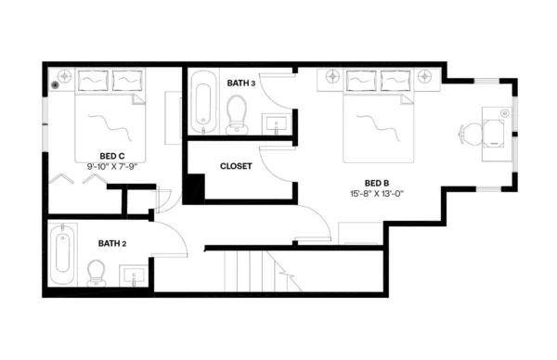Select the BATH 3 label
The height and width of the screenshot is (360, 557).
click(x=240, y=84)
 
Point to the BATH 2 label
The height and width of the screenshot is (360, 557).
click(x=112, y=243)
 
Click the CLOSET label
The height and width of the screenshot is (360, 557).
click(x=236, y=166)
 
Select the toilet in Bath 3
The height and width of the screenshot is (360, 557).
click(x=238, y=115)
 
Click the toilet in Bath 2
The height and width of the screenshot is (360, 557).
click(x=96, y=272)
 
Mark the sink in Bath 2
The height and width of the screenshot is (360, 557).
click(x=134, y=276)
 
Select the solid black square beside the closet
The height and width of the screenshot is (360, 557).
click(x=194, y=188)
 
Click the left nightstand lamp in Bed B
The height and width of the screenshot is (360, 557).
click(x=332, y=76)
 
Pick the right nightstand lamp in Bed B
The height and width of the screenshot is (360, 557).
click(x=426, y=76)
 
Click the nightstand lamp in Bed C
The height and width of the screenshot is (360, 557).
click(x=65, y=76)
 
